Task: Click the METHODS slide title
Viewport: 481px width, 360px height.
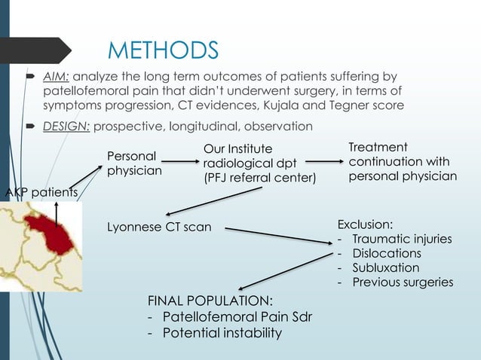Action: pyautogui.click(x=163, y=50)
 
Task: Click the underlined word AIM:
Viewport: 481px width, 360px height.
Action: pyautogui.click(x=56, y=77)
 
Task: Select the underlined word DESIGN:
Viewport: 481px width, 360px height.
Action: pyautogui.click(x=67, y=126)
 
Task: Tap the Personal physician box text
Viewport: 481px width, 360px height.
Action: pyautogui.click(x=133, y=164)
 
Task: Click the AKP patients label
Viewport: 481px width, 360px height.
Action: pyautogui.click(x=40, y=193)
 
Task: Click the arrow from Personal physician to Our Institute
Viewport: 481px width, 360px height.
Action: pyautogui.click(x=181, y=161)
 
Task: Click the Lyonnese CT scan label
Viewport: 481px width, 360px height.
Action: pyautogui.click(x=161, y=227)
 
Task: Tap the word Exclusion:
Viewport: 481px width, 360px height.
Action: pyautogui.click(x=365, y=224)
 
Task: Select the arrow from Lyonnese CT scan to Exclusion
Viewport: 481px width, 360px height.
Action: pyautogui.click(x=279, y=234)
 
